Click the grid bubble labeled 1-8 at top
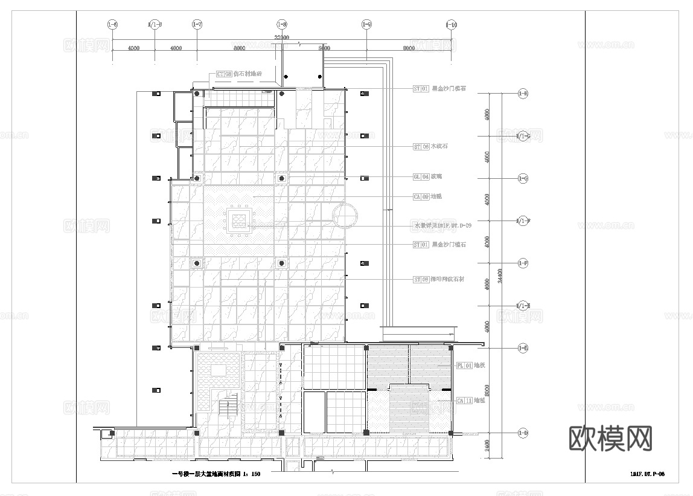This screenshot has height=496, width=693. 282,24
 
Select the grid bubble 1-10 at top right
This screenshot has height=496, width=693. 451,24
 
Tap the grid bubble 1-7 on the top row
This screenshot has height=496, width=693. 197,24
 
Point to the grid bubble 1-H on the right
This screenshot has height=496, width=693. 523,94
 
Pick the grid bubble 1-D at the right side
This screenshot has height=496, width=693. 523,433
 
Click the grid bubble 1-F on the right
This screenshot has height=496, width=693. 523,263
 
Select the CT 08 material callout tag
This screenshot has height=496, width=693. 224,74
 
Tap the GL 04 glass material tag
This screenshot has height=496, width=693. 421,176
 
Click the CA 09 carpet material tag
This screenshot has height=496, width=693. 421,196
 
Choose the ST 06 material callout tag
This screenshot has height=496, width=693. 421,147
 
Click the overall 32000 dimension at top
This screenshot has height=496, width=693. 282,37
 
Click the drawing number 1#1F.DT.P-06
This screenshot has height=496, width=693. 647,475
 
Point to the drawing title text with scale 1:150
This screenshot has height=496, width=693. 216,474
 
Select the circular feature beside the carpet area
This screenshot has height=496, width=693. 345,215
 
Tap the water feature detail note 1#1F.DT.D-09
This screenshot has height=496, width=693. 442,225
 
